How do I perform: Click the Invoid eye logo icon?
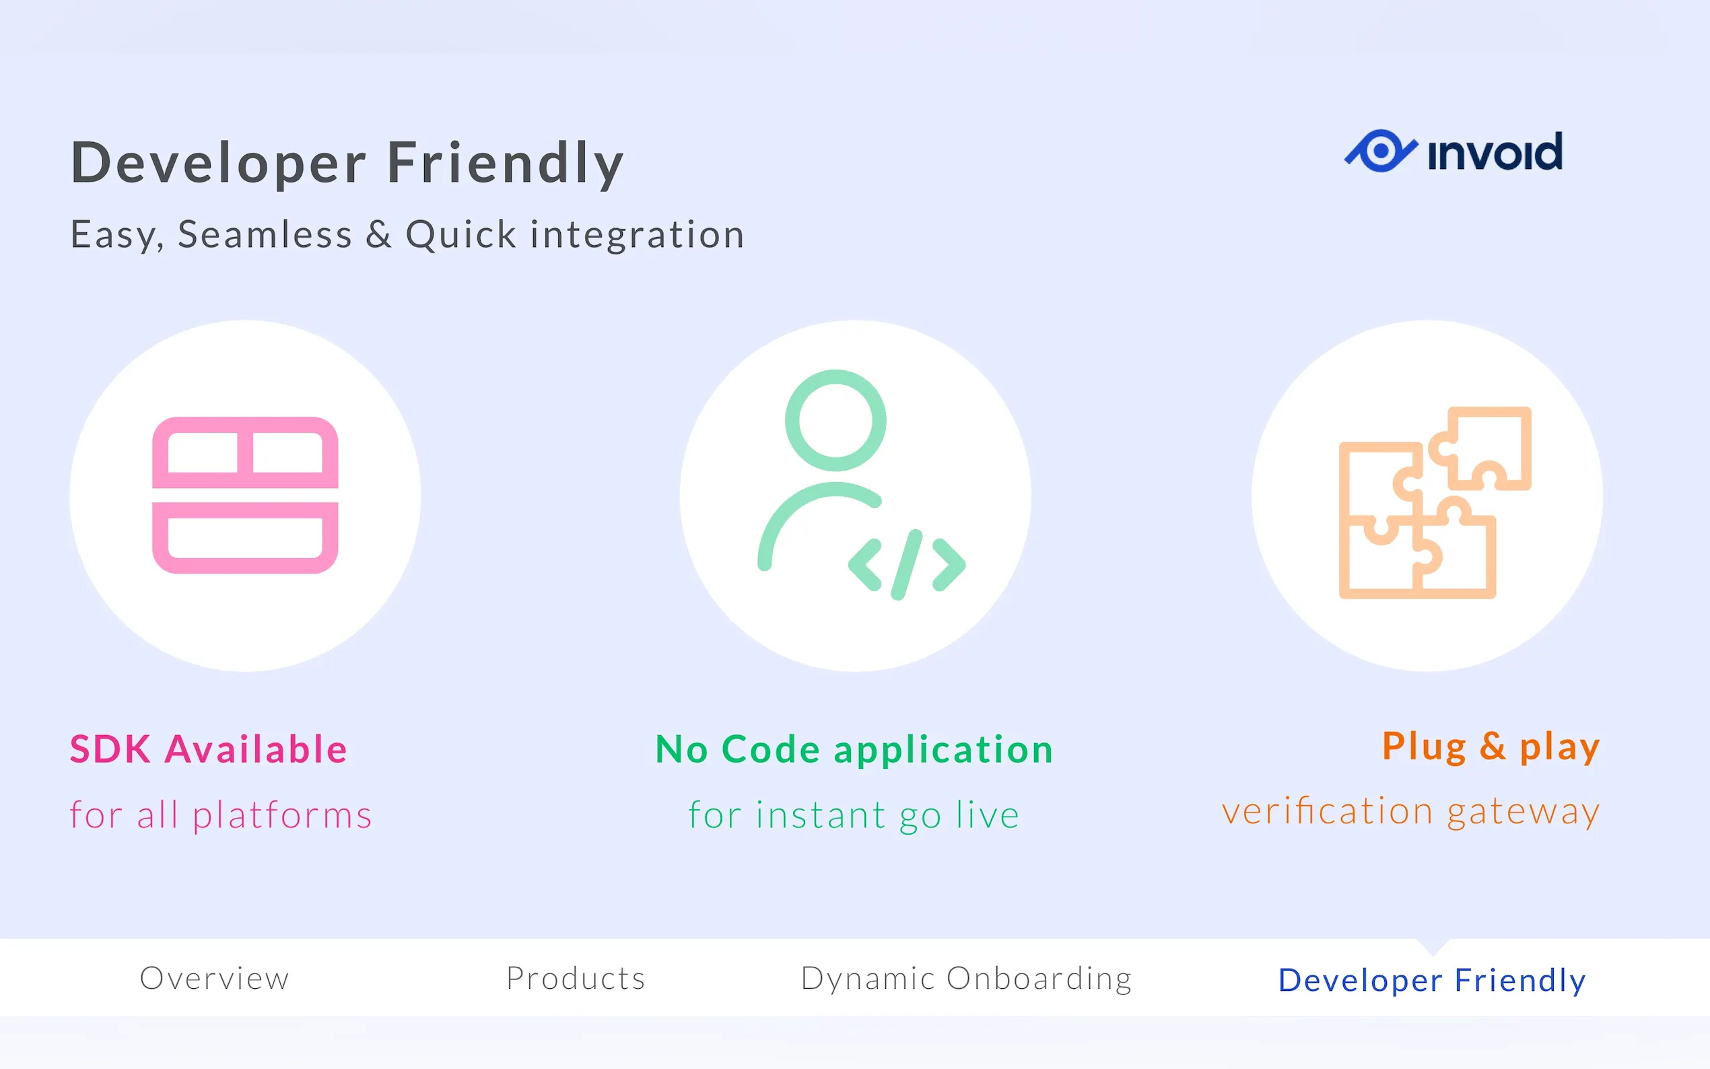click(1380, 151)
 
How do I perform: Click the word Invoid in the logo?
click(1495, 151)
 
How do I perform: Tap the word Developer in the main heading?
click(218, 164)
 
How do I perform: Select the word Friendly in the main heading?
click(506, 164)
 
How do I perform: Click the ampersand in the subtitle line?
click(379, 234)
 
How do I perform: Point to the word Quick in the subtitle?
click(461, 235)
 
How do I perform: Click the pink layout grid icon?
click(245, 495)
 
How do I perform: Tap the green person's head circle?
click(835, 420)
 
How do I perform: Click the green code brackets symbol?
click(907, 564)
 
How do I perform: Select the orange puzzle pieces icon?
click(1435, 503)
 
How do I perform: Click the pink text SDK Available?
click(209, 749)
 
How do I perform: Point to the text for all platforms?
click(221, 815)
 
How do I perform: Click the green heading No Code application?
click(854, 749)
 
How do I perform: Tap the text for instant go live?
click(854, 815)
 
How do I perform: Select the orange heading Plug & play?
click(1491, 747)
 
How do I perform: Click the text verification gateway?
click(1411, 812)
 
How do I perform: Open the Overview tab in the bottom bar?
click(215, 979)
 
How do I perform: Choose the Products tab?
click(576, 979)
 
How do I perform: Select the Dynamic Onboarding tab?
click(966, 979)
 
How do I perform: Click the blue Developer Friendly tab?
click(1432, 981)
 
